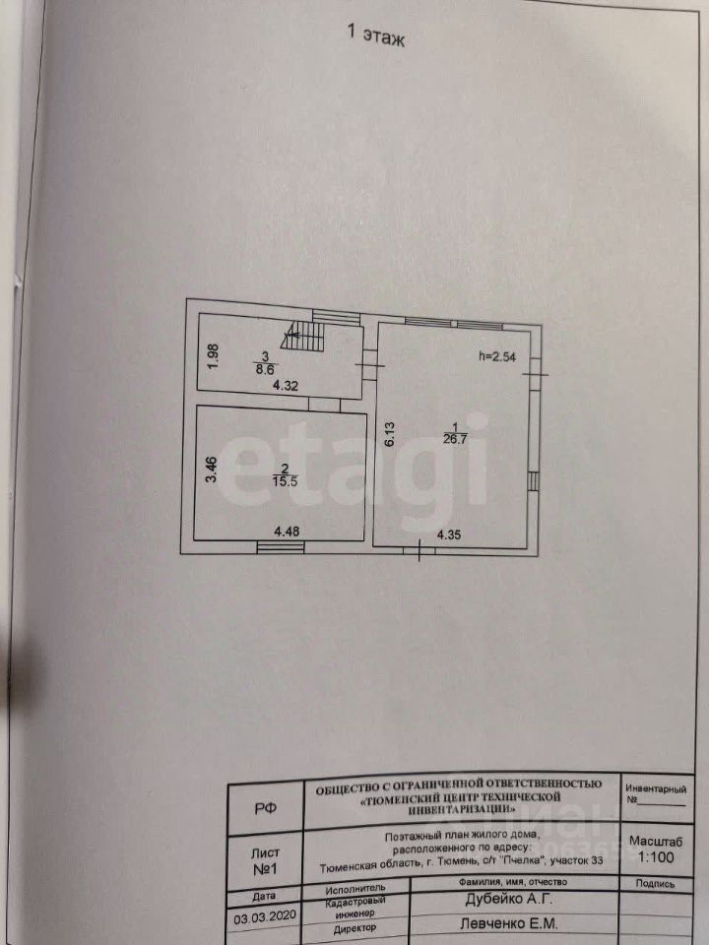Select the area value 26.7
tap(457, 438)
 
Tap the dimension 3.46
tap(209, 467)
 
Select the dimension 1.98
tap(212, 354)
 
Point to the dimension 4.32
tap(285, 386)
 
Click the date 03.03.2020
tap(264, 915)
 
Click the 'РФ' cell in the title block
tap(265, 808)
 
